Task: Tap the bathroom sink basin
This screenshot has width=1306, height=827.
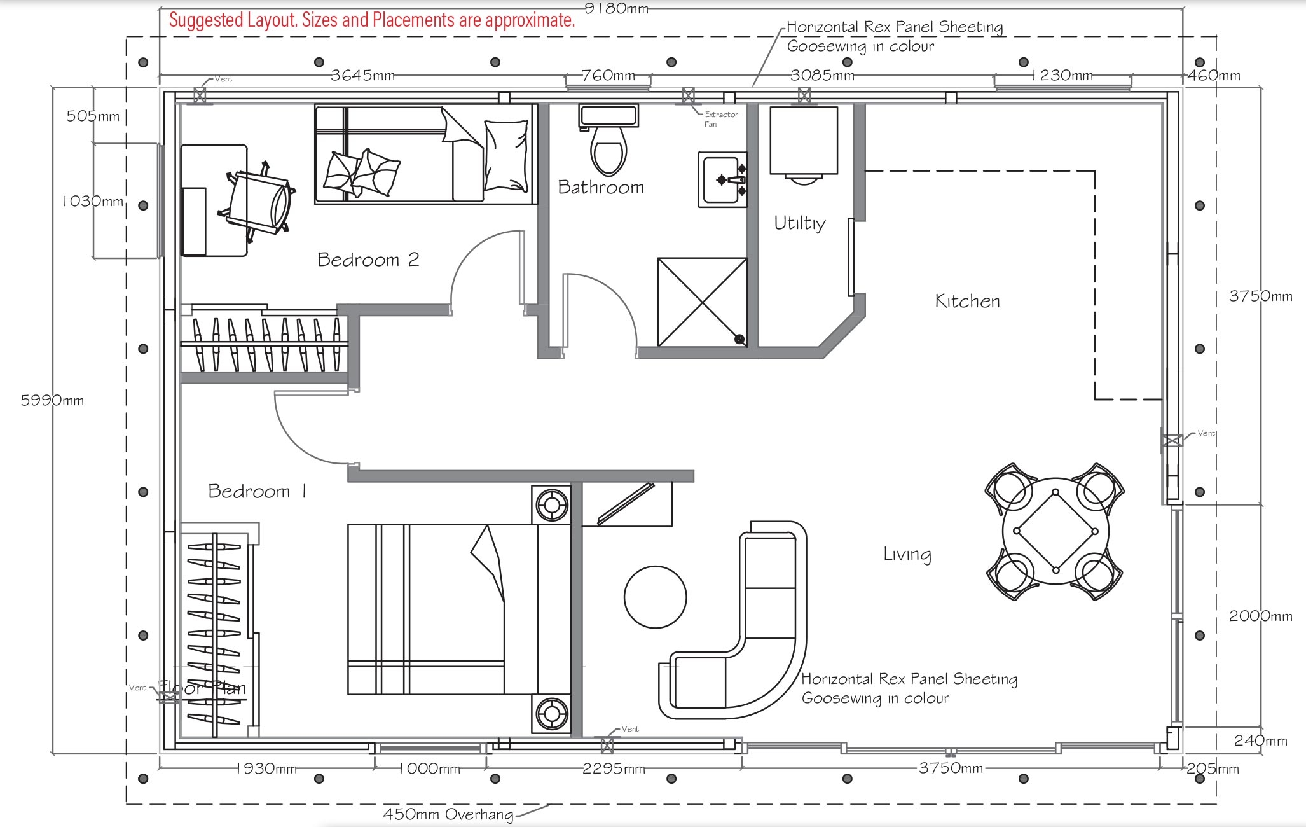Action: (722, 180)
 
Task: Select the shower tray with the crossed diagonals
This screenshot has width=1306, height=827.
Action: (702, 302)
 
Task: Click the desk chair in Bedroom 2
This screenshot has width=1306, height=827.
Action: (258, 203)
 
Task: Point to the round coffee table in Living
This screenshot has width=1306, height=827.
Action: (655, 597)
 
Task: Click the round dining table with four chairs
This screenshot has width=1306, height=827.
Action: (1055, 531)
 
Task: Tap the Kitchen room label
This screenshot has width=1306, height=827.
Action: (966, 301)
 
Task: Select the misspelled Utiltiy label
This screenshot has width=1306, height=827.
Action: (799, 223)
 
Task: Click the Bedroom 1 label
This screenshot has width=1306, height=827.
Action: (257, 491)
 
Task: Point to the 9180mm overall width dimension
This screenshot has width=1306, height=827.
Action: (616, 8)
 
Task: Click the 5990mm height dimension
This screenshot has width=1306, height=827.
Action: (52, 400)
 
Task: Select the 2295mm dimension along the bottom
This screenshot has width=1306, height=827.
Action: (613, 768)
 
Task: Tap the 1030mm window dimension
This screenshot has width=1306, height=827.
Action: (93, 201)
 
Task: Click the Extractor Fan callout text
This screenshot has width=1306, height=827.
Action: (720, 119)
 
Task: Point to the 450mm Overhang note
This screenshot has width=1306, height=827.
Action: (448, 814)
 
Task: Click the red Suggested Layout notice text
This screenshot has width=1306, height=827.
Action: (372, 20)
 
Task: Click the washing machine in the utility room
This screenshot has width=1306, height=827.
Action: (803, 141)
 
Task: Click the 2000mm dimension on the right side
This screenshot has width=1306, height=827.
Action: (1260, 616)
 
